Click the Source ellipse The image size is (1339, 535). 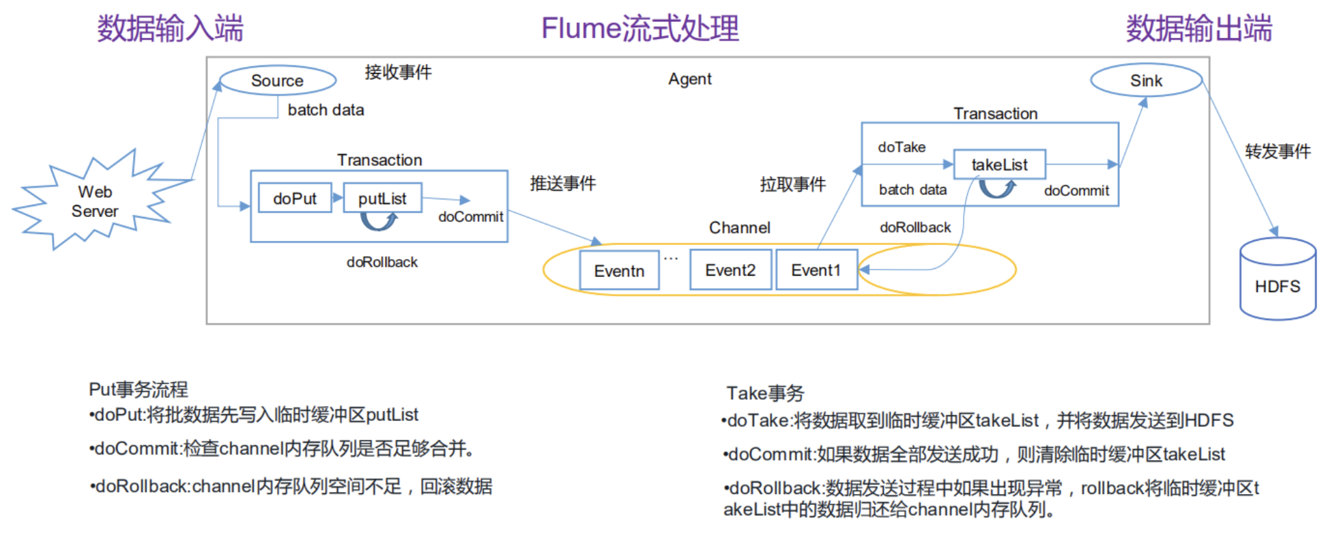tap(277, 81)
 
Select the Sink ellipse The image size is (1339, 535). tap(1146, 81)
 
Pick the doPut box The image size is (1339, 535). tap(295, 199)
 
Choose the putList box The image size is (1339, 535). tap(382, 199)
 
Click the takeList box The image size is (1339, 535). tap(999, 164)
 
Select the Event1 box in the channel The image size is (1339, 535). tap(816, 270)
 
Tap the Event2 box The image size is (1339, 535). tap(730, 270)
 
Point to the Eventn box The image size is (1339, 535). tap(619, 271)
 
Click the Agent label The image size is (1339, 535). tap(689, 79)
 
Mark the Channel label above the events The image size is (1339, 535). tap(739, 228)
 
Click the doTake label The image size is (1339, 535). tap(902, 147)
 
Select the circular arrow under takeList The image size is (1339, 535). tap(997, 188)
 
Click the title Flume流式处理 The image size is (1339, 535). tap(639, 29)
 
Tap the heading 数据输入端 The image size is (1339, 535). tap(170, 29)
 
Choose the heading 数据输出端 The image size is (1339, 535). tap(1198, 29)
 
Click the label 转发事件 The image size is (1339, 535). tap(1278, 151)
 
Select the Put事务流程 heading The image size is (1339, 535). tap(139, 390)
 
